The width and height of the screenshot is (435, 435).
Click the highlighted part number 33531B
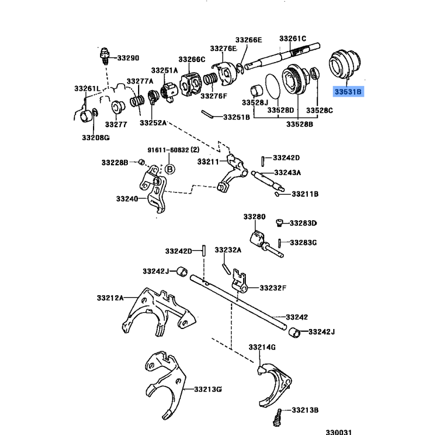[348, 92]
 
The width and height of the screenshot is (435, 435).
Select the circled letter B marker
[169, 169]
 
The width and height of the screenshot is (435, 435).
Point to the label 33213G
[208, 389]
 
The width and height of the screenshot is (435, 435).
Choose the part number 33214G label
[263, 347]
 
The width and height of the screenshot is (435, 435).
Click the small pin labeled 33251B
[207, 114]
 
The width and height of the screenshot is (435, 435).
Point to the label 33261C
[293, 39]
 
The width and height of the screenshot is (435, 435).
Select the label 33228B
[114, 162]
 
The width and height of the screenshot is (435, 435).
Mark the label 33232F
[273, 288]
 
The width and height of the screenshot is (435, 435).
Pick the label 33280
[254, 216]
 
